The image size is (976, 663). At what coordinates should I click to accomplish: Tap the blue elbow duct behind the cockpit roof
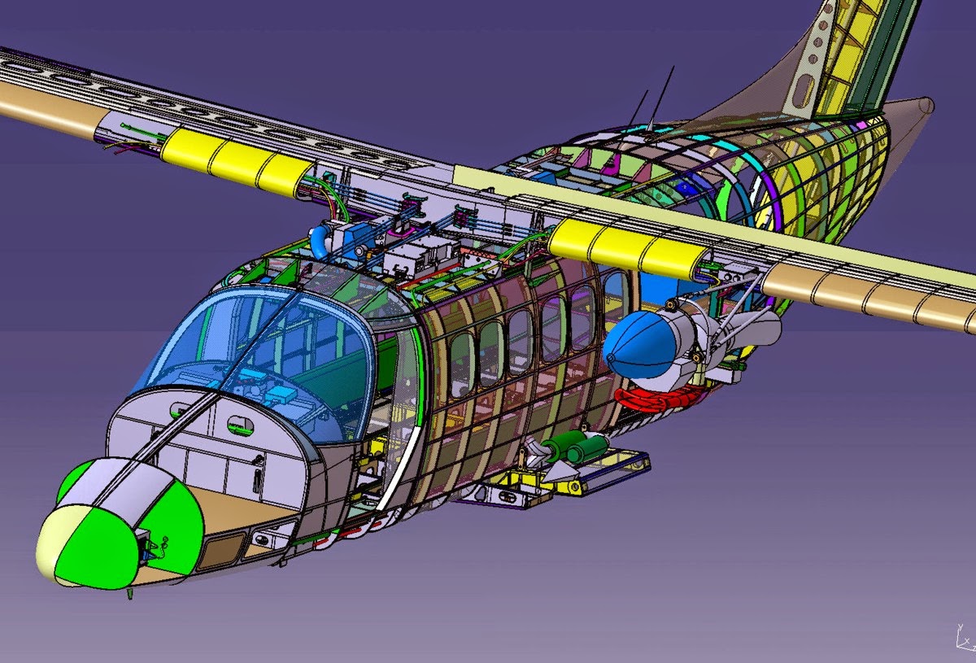pyautogui.click(x=319, y=242)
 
